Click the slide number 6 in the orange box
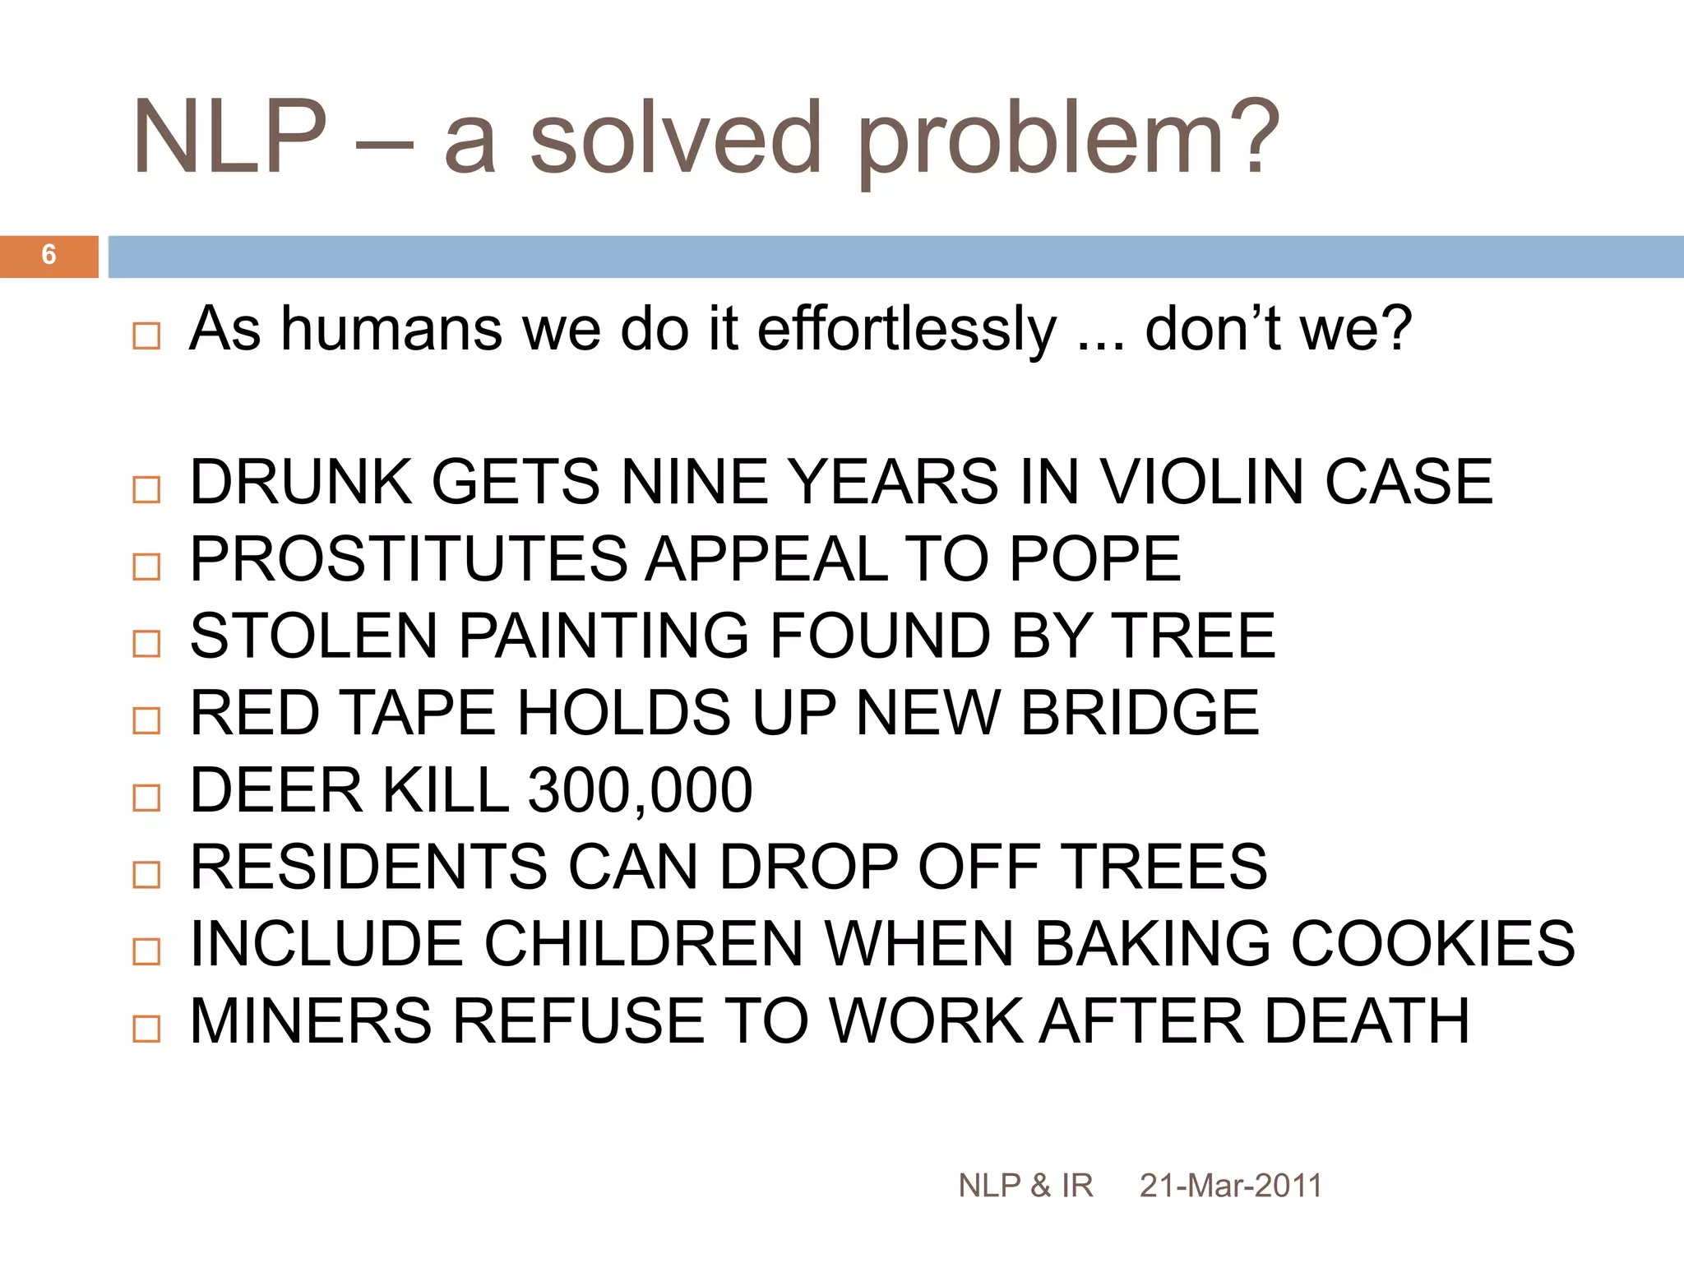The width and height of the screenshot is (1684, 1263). (49, 255)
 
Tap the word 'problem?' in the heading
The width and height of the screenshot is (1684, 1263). (1067, 140)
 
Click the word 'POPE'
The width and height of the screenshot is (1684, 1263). (1094, 559)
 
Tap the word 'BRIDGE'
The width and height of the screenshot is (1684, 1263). (1140, 713)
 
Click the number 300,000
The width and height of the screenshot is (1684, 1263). (640, 791)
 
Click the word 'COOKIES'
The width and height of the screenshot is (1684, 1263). (1432, 944)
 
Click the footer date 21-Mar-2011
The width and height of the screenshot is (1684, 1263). (1230, 1186)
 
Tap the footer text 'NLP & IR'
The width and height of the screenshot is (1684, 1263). (1025, 1186)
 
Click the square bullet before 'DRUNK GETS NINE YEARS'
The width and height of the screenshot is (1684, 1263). (146, 489)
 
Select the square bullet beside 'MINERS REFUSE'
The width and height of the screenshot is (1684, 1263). (146, 1029)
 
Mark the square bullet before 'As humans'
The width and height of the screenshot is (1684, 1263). (146, 335)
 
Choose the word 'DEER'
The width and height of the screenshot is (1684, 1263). (276, 791)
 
